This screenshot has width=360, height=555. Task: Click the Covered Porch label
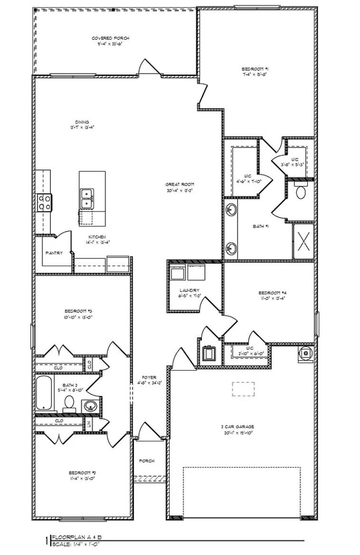pyautogui.click(x=110, y=38)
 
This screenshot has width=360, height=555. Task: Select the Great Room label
pyautogui.click(x=180, y=184)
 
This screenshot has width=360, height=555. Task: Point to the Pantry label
pyautogui.click(x=54, y=253)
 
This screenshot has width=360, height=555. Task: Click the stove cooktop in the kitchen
pyautogui.click(x=44, y=202)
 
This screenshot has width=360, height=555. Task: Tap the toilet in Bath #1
pyautogui.click(x=301, y=191)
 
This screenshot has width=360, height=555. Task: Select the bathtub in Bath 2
pyautogui.click(x=45, y=392)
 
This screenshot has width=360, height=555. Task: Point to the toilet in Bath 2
pyautogui.click(x=69, y=403)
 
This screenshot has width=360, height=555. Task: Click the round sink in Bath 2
pyautogui.click(x=90, y=407)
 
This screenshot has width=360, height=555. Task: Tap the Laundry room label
pyautogui.click(x=189, y=290)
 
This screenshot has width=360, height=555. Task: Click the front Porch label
pyautogui.click(x=147, y=461)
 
